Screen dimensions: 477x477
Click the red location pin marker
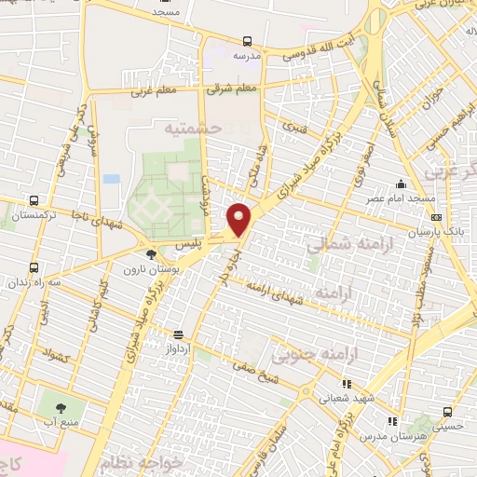click(239, 219)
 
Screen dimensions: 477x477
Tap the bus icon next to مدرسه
click(247, 41)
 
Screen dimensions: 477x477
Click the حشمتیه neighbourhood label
click(193, 128)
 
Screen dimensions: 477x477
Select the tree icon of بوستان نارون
click(151, 253)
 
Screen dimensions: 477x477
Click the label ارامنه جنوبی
click(307, 355)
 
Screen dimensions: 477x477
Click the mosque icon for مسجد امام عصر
click(400, 184)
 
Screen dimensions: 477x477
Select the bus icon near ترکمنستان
click(34, 200)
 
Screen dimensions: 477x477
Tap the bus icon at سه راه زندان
click(34, 267)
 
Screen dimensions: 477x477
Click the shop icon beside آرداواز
click(178, 334)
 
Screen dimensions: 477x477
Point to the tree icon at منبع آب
click(61, 407)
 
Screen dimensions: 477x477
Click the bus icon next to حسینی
click(448, 411)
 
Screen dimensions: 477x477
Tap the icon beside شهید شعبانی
click(347, 383)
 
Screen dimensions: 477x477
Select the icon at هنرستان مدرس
click(392, 420)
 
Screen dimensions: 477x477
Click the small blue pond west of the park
click(112, 179)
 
